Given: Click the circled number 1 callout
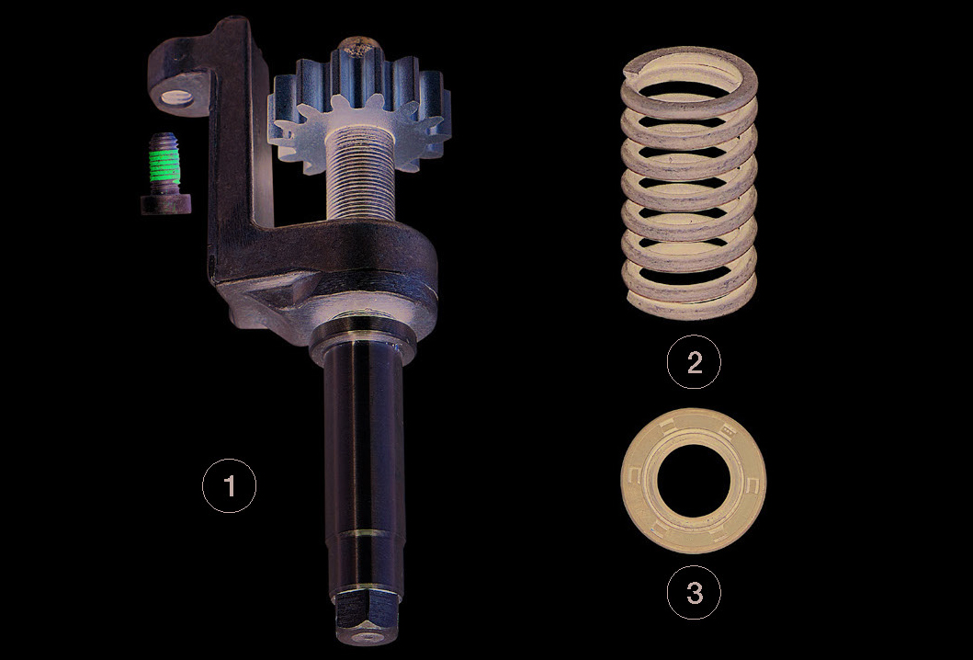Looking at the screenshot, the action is click(x=229, y=485).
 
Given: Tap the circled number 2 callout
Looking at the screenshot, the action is click(x=694, y=362).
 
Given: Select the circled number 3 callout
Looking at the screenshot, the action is click(x=694, y=592).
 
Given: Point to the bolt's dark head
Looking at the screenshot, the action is click(x=165, y=204).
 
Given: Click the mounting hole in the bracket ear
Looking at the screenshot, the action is click(x=177, y=97).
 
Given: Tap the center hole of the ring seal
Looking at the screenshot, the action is click(x=693, y=481).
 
